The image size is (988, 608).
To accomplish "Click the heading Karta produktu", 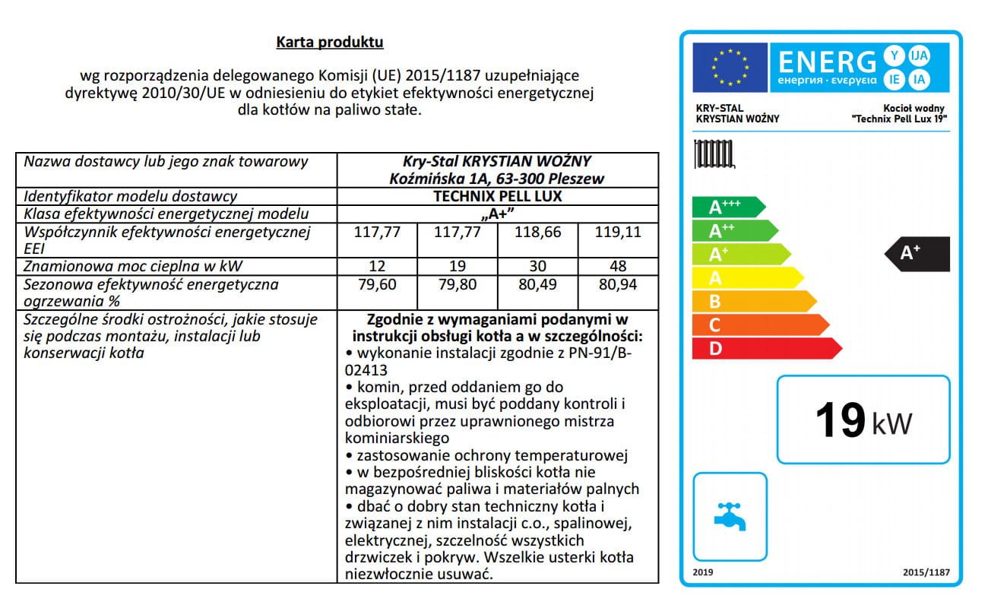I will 330,42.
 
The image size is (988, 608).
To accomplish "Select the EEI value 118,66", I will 537,232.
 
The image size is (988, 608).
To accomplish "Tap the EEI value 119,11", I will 618,232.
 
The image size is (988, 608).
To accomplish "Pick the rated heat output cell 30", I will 537,266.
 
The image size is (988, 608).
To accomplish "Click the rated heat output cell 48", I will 618,266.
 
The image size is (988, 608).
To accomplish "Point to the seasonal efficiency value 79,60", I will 377,284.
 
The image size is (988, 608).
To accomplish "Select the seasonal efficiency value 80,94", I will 618,284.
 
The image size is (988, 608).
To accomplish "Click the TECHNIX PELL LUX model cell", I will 497,196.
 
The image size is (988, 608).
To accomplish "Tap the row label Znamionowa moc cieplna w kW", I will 134,266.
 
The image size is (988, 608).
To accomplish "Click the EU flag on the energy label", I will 730,68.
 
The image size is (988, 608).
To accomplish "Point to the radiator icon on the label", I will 714,154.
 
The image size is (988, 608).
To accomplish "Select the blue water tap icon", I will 730,516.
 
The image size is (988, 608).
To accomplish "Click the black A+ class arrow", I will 918,254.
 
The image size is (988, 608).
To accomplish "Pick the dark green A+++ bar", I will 726,207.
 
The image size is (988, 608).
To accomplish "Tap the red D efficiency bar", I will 764,349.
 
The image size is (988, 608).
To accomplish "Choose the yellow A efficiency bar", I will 745,278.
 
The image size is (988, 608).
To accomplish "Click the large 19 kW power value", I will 863,420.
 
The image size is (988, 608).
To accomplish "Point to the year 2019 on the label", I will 704,572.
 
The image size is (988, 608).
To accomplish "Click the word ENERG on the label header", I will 827,61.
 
